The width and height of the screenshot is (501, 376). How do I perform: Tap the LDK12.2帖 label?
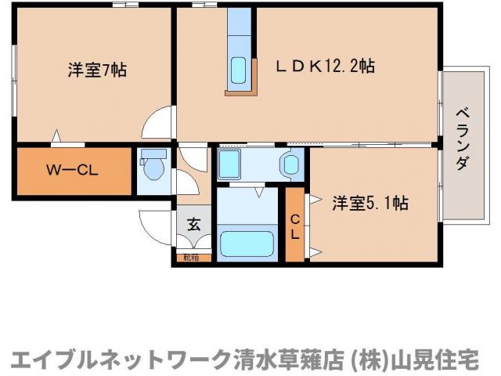pyautogui.click(x=323, y=67)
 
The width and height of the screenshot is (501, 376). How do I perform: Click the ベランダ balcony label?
pyautogui.click(x=462, y=137)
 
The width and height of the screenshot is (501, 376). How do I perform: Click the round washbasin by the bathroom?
pyautogui.click(x=290, y=165)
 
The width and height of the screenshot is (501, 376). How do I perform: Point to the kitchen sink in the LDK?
pyautogui.click(x=239, y=72)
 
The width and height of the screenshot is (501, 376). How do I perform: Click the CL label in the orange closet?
pyautogui.click(x=295, y=225)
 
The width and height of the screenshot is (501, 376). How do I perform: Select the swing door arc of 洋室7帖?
pyautogui.click(x=157, y=122)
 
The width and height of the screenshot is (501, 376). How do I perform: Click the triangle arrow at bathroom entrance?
pyautogui.click(x=259, y=190)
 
